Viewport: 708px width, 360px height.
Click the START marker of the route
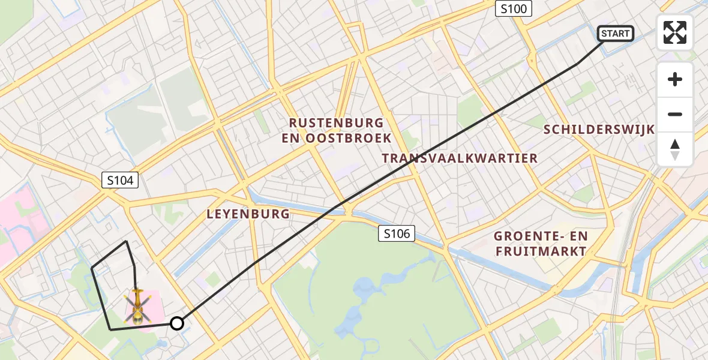(x=616, y=34)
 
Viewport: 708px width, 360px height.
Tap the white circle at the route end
(x=176, y=323)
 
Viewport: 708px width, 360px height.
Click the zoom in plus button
(x=675, y=79)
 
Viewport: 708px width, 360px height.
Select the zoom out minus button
(x=675, y=114)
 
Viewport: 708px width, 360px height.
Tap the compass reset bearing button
(x=675, y=149)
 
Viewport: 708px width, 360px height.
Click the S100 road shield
(x=514, y=8)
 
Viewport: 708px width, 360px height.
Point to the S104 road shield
(x=121, y=179)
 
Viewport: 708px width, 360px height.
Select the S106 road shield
(x=397, y=233)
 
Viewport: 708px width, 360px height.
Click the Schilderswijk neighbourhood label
(x=598, y=130)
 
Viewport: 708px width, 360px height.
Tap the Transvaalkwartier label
(x=460, y=158)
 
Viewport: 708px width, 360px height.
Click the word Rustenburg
(x=336, y=123)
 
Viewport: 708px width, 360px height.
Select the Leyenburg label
(x=248, y=214)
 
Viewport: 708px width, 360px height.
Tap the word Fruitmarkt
(x=541, y=251)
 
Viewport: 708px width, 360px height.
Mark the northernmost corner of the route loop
(x=126, y=242)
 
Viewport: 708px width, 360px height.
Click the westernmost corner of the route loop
(x=92, y=268)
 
